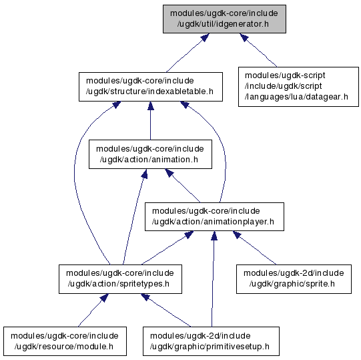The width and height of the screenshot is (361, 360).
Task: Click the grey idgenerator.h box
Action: tap(224, 19)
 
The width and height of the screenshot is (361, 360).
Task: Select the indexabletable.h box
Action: tap(151, 87)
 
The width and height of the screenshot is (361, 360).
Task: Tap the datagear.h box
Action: tap(298, 87)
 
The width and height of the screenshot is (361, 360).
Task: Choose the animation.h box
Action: tap(150, 154)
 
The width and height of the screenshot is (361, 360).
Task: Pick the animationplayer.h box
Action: tap(214, 216)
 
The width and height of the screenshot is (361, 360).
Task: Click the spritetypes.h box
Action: tap(120, 279)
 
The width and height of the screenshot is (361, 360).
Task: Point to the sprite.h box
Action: tap(294, 279)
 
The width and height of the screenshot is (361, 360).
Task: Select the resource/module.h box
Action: tap(65, 341)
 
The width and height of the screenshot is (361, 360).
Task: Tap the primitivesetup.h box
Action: tap(211, 341)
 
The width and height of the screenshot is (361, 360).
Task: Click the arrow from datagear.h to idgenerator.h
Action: tap(258, 50)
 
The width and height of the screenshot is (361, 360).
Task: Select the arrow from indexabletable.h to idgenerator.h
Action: tap(188, 53)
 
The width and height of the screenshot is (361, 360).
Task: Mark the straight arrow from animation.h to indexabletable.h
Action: tap(151, 120)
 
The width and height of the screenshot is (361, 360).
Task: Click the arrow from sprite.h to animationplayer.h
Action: tap(254, 248)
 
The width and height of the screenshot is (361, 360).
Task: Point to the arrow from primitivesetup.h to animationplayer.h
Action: tap(213, 279)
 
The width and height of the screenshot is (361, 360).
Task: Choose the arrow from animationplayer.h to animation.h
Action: tap(183, 186)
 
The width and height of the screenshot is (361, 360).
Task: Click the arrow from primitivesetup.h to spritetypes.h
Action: tap(165, 310)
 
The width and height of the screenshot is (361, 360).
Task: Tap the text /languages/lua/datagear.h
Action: tap(296, 97)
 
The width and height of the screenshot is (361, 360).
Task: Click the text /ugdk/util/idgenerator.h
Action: tap(223, 24)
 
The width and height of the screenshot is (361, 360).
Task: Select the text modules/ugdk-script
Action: tap(285, 75)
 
